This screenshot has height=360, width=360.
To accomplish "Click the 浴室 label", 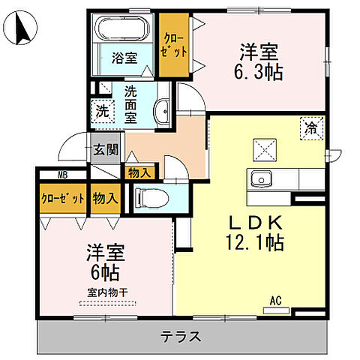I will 124,58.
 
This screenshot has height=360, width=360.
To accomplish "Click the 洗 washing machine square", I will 101,110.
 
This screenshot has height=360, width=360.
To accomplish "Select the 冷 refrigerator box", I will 310,128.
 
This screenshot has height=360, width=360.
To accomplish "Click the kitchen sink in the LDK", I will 259,178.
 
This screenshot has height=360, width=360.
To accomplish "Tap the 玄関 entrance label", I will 106,149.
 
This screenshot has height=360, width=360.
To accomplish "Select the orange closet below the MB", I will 62,199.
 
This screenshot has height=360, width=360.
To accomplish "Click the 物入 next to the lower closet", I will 105,199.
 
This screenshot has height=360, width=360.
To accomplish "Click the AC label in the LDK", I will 275,301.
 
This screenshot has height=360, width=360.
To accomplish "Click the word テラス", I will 180,336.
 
